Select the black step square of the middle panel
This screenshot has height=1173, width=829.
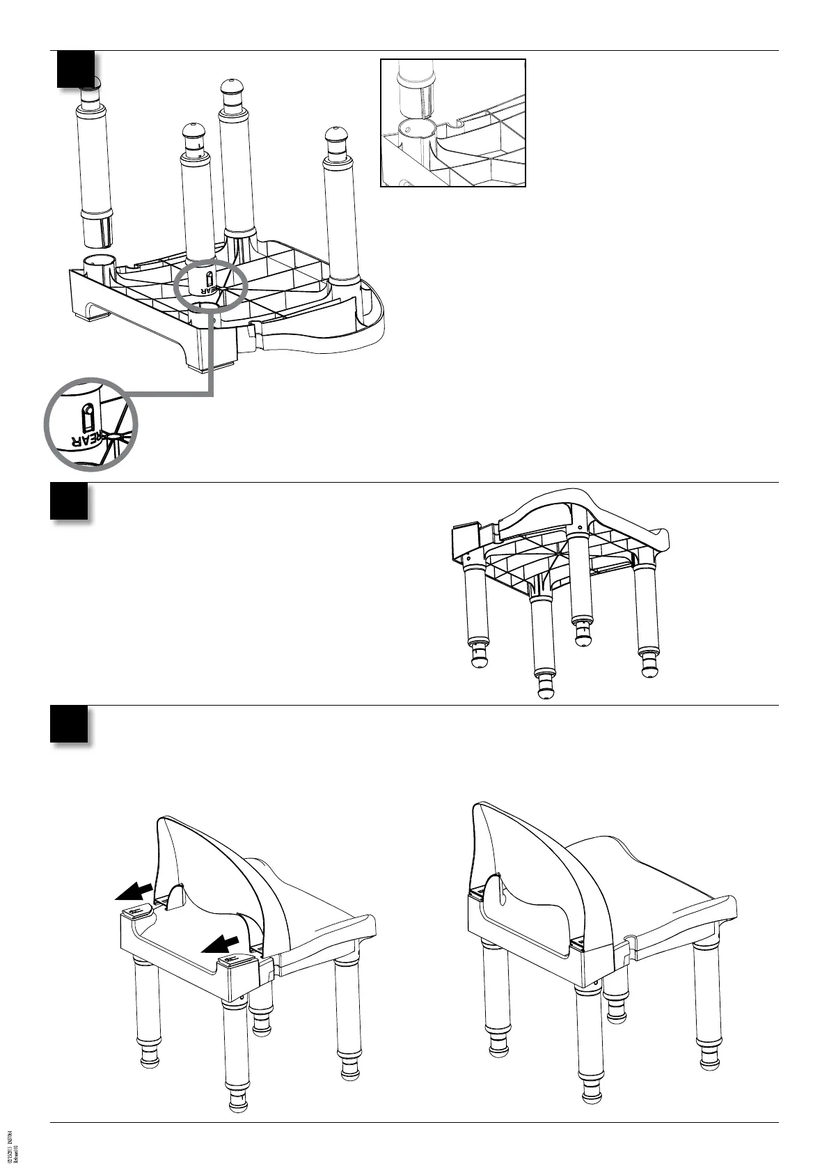tap(69, 501)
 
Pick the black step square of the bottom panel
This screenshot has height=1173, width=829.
tap(69, 724)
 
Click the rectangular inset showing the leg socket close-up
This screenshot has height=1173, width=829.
tap(452, 123)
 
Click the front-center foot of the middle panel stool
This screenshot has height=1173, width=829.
tap(546, 687)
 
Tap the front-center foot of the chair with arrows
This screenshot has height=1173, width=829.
tap(237, 1104)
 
